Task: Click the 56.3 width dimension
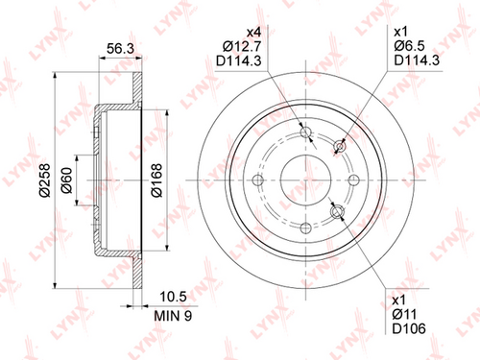120,49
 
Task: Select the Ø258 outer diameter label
45,180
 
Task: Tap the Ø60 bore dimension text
67,180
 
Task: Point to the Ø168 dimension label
156,180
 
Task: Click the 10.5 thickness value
173,297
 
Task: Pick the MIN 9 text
173,316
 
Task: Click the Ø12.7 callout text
242,47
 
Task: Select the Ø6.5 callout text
409,46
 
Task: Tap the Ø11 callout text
404,315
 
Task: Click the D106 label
409,328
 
